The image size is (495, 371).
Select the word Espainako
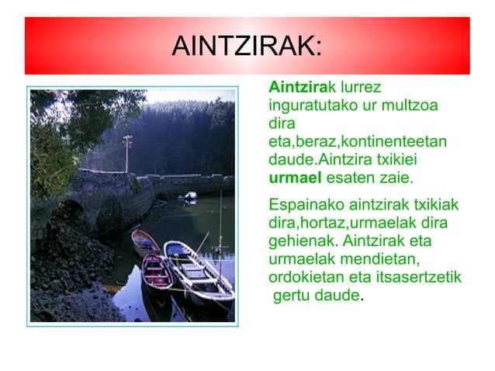pos(303,206)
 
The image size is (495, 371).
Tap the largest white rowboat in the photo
pos(197,272)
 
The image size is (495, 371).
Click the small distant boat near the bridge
pos(187,197)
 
